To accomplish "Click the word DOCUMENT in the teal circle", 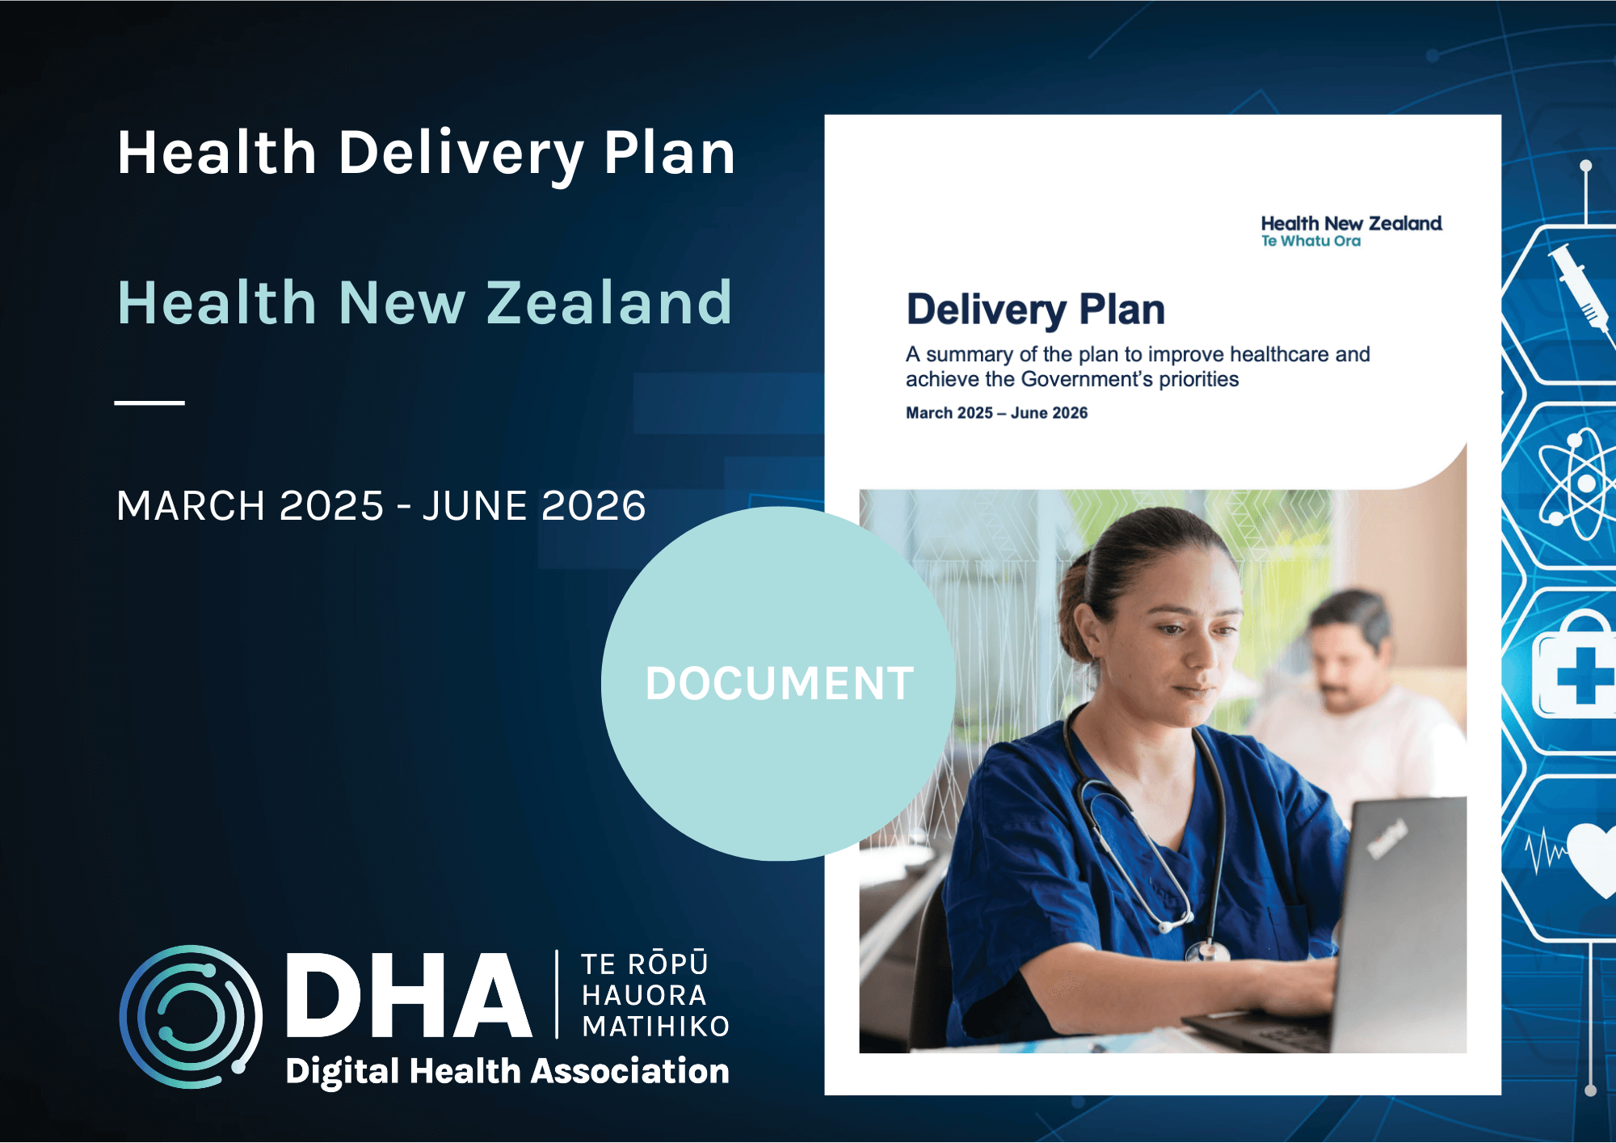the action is (x=779, y=683).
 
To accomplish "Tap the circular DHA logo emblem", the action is (x=191, y=1016).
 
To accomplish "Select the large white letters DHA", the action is (x=408, y=995).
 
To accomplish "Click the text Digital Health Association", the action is (x=507, y=1071).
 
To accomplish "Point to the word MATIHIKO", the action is (x=656, y=1026).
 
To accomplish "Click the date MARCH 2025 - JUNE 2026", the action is (x=381, y=506).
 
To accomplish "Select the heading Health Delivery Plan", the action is (x=427, y=154).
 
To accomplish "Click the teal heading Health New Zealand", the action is (x=425, y=302).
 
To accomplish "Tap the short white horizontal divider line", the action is (x=149, y=402).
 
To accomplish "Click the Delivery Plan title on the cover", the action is (x=1036, y=310).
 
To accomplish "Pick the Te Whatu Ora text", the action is (x=1311, y=241).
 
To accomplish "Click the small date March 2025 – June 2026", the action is (x=996, y=413).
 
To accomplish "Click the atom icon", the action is (x=1578, y=485).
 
